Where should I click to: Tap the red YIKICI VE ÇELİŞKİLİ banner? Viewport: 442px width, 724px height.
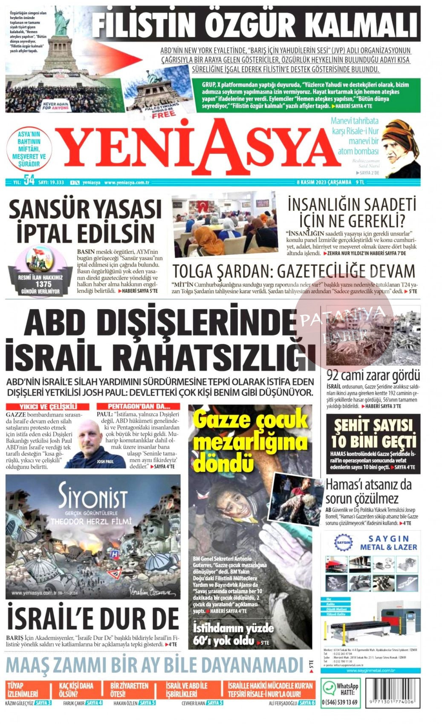pos(48,407)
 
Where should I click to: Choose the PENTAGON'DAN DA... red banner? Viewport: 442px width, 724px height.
pos(138,407)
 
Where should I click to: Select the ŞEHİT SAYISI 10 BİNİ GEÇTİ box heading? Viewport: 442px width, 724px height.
pos(373,433)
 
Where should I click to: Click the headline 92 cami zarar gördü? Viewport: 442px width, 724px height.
pos(373,375)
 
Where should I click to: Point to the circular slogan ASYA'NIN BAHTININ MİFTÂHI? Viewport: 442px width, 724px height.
pos(29,149)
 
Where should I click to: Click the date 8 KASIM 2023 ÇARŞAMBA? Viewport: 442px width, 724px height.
pos(324,182)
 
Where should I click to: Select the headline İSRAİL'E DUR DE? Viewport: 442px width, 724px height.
pos(93,618)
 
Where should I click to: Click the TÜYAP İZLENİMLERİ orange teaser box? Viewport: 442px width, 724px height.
pos(23,690)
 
